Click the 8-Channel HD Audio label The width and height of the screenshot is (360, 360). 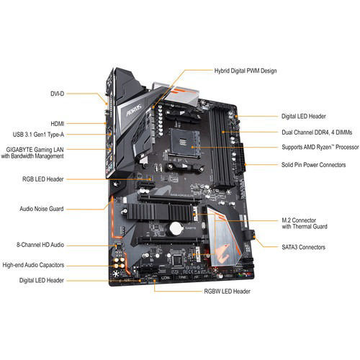42,245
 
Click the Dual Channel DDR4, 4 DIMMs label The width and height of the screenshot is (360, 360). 318,132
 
